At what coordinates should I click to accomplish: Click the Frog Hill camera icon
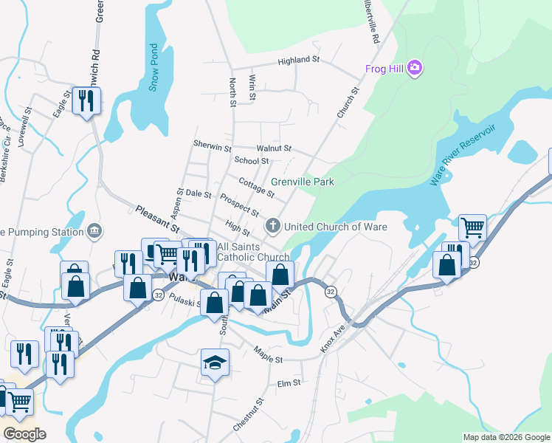pyautogui.click(x=415, y=69)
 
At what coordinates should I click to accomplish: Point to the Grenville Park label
pyautogui.click(x=303, y=182)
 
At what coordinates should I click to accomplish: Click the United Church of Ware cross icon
pyautogui.click(x=273, y=224)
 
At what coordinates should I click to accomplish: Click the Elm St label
pyautogui.click(x=289, y=383)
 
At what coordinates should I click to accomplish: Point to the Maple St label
pyautogui.click(x=269, y=354)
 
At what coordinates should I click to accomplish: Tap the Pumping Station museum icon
pyautogui.click(x=94, y=232)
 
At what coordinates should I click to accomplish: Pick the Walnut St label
pyautogui.click(x=274, y=148)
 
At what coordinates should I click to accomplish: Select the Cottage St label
pyautogui.click(x=256, y=188)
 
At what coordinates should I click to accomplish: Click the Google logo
pyautogui.click(x=24, y=433)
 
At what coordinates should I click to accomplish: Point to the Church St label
pyautogui.click(x=347, y=103)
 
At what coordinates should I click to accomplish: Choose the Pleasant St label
pyautogui.click(x=157, y=220)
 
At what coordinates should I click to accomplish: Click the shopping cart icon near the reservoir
pyautogui.click(x=472, y=227)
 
